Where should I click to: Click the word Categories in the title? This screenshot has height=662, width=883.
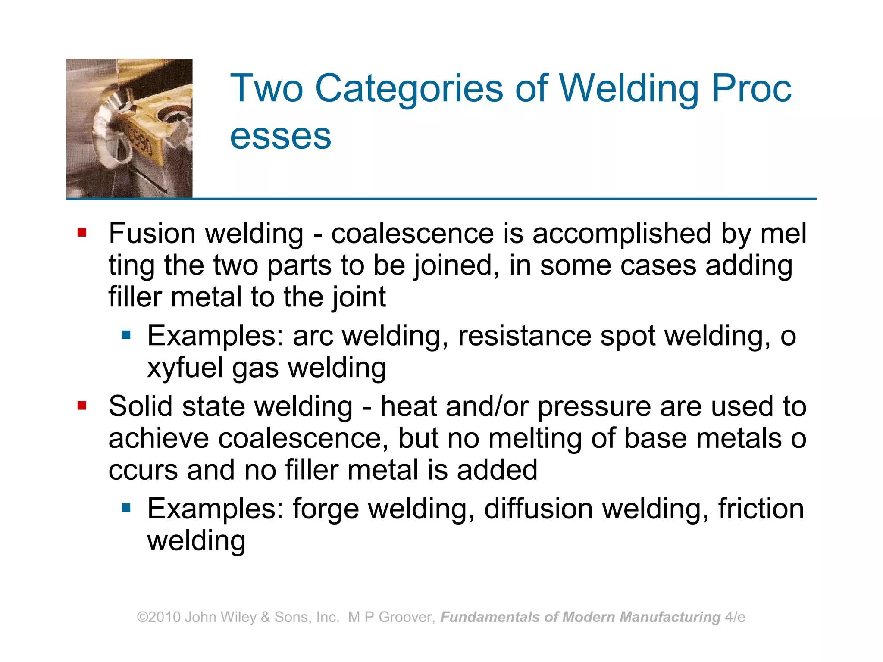point(409,89)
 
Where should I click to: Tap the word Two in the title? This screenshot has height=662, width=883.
point(266,89)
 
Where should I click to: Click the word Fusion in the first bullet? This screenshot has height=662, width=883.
point(152,234)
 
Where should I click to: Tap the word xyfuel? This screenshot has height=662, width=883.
point(185,368)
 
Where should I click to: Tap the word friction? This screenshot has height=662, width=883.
point(761,509)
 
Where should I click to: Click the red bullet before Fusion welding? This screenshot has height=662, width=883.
point(82,233)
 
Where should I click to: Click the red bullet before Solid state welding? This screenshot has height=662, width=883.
point(82,406)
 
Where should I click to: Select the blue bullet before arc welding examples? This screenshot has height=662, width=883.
point(126,335)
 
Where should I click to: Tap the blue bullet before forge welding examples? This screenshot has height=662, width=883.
point(126,508)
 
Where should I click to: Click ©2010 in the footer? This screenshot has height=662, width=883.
point(159,617)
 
